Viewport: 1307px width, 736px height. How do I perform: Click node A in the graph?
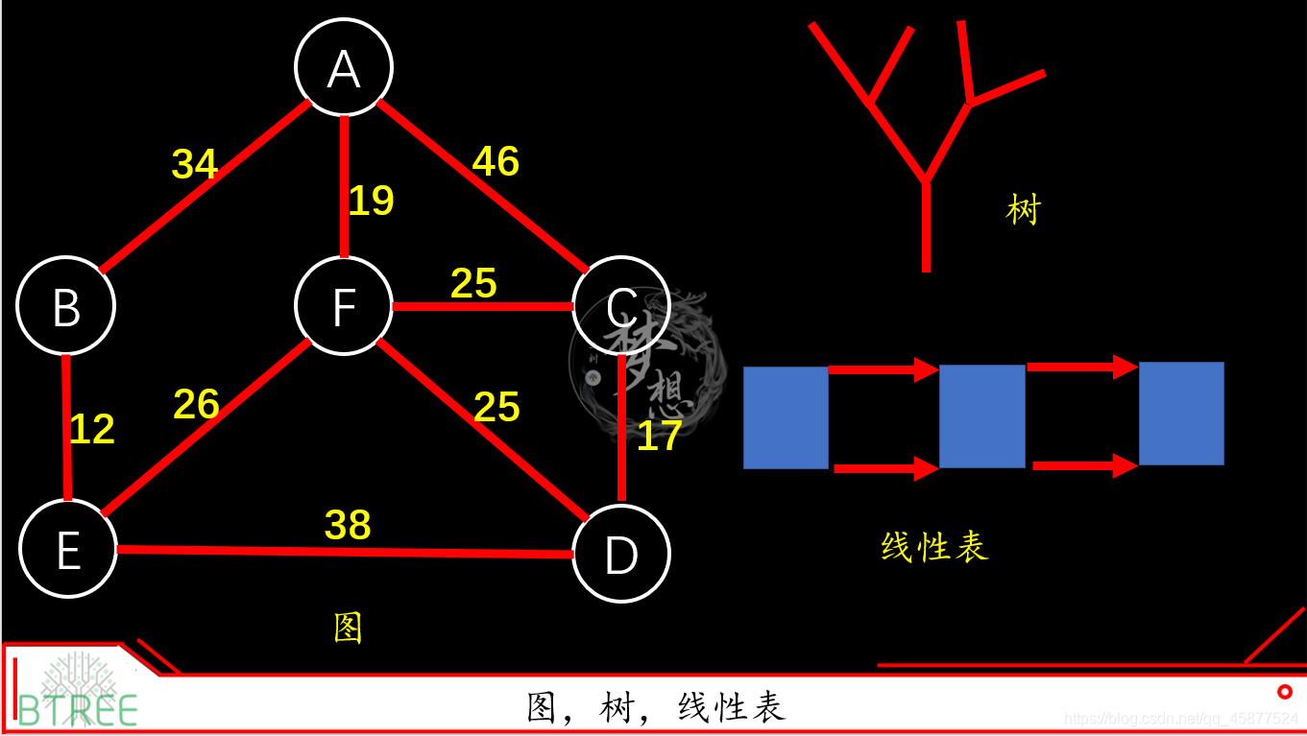[344, 67]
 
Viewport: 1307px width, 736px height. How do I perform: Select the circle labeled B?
[66, 306]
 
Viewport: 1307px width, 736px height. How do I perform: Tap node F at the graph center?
[344, 306]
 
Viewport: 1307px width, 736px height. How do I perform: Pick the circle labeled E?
[68, 550]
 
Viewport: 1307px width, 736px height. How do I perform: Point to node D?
[621, 554]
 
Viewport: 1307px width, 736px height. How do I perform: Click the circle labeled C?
[621, 306]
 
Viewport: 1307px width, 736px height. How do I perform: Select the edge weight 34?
[195, 164]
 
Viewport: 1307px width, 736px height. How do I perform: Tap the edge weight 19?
[372, 201]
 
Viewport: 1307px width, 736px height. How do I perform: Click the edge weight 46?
[496, 161]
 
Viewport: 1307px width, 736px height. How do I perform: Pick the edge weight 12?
[92, 429]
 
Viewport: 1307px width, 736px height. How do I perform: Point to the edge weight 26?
[197, 404]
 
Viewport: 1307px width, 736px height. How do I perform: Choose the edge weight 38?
[348, 525]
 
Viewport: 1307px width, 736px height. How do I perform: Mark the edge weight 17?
[660, 436]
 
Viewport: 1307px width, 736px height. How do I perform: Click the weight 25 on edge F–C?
[473, 283]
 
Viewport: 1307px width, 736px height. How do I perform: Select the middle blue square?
[981, 416]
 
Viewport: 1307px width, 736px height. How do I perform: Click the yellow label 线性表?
[934, 547]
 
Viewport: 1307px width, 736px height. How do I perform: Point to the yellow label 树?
[1024, 209]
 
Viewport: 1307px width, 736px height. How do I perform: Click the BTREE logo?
[77, 690]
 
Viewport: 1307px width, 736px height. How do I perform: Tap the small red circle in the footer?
[1285, 691]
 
